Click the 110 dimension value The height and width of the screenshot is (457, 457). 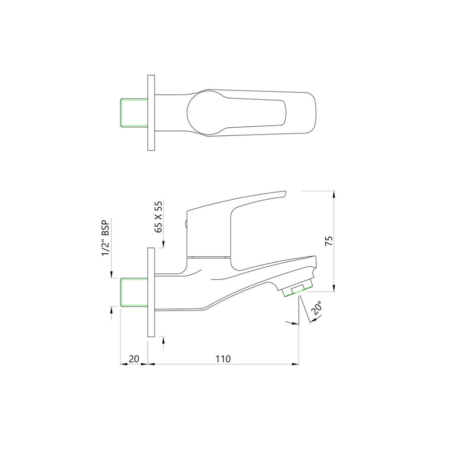[223, 358]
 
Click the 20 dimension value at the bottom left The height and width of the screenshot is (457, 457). [134, 358]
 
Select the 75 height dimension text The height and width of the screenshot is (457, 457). [329, 241]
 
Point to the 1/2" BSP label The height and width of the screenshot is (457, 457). [106, 238]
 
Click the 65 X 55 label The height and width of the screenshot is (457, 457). [158, 217]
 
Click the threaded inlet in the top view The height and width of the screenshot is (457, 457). [134, 112]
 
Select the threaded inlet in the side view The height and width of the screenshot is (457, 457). [134, 292]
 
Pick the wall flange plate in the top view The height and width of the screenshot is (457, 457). [151, 112]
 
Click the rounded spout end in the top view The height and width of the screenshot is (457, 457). [310, 112]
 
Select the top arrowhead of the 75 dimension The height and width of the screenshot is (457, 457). [333, 194]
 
